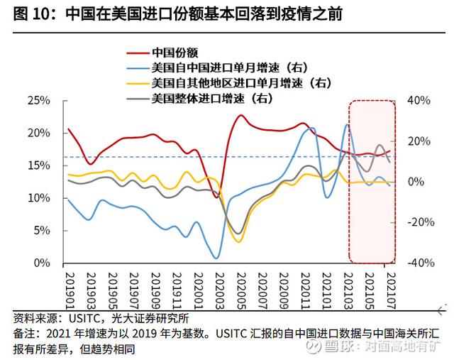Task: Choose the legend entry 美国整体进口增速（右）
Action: [213, 98]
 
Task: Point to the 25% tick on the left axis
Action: [38, 101]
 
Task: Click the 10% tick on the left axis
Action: [38, 198]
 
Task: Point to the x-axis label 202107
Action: [389, 288]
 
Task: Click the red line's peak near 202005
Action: [241, 115]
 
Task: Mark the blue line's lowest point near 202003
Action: [216, 258]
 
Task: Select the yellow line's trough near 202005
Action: [239, 242]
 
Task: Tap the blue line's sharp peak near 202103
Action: [348, 125]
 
